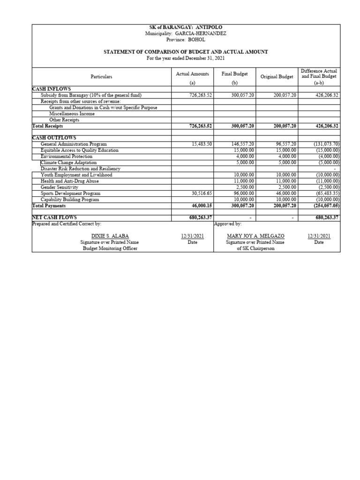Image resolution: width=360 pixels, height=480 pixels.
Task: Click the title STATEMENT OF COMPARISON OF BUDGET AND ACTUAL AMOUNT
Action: click(186, 52)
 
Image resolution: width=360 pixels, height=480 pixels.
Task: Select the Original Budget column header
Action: click(277, 76)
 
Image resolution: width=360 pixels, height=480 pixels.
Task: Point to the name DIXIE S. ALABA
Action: click(110, 236)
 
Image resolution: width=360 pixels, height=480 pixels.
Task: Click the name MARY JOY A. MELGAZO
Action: click(255, 236)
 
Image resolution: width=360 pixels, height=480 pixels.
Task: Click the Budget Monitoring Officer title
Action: click(110, 248)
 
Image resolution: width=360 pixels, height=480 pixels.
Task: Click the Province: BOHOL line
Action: click(186, 39)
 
